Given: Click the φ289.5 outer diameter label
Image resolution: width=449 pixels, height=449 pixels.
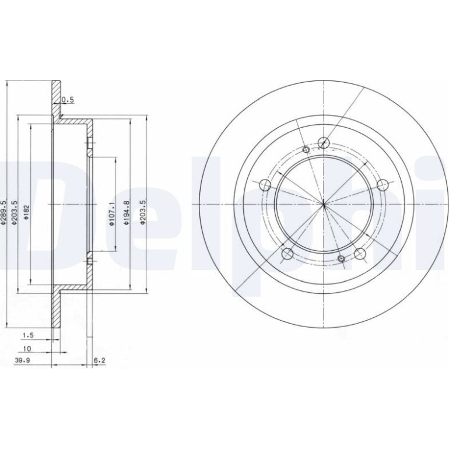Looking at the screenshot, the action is pos(3,211).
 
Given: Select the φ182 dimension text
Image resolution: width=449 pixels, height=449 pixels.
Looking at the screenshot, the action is pos(26,212).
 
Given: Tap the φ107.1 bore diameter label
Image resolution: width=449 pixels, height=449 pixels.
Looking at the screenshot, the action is pos(112,213).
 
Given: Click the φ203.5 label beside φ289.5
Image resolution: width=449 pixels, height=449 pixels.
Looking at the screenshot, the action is pos(15,212).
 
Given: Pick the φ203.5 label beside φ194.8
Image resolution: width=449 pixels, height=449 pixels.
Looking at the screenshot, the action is pos(143,212).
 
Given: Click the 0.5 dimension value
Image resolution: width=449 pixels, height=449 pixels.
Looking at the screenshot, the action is pos(68,100).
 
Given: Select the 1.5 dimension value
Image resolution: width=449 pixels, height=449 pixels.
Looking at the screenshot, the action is pos(29,335).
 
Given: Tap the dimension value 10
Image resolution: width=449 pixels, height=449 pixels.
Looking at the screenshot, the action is pos(27,349).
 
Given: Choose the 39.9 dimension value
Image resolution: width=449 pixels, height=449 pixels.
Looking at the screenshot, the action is pos(22,360).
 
